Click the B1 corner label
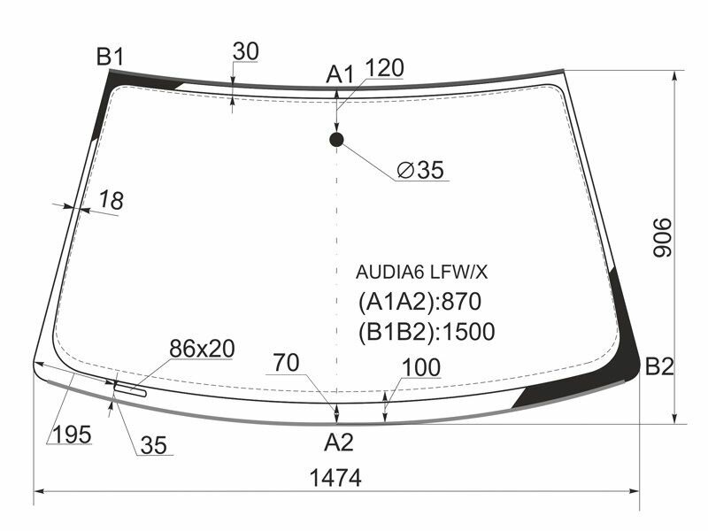(110, 58)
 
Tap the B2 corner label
(659, 366)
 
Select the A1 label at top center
(339, 75)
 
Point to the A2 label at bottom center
(338, 442)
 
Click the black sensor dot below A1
(336, 139)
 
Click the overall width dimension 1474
(335, 478)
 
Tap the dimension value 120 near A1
(383, 68)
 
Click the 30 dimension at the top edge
(245, 52)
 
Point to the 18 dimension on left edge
(110, 201)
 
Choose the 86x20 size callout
(202, 349)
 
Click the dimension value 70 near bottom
(286, 362)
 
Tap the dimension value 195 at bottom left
(72, 435)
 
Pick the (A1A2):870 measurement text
(419, 302)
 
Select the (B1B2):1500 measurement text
(426, 332)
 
